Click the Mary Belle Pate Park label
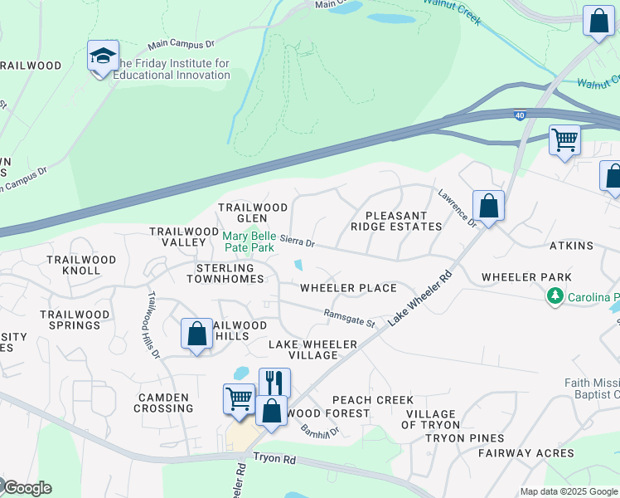(x=249, y=242)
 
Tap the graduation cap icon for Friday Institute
(x=103, y=56)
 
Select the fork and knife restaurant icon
(x=274, y=383)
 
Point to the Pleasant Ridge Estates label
(x=396, y=220)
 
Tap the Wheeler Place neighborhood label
(x=348, y=288)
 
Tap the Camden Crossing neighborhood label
(x=164, y=403)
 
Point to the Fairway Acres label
(x=526, y=453)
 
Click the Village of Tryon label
(x=429, y=419)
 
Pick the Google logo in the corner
(x=27, y=488)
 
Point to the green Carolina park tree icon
(x=555, y=296)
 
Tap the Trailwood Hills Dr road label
(x=153, y=324)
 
